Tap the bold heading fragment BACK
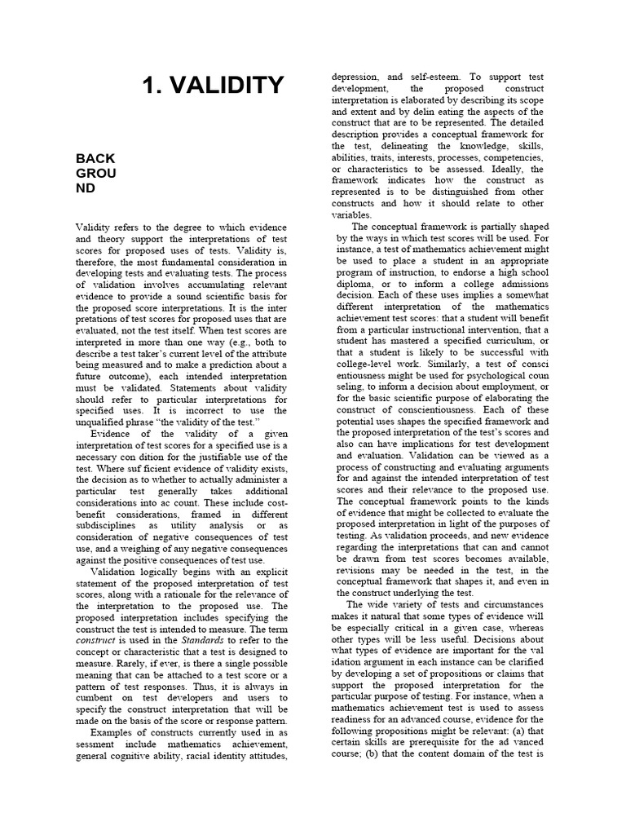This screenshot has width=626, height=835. point(95,158)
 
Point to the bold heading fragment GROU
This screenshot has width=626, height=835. point(96,173)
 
